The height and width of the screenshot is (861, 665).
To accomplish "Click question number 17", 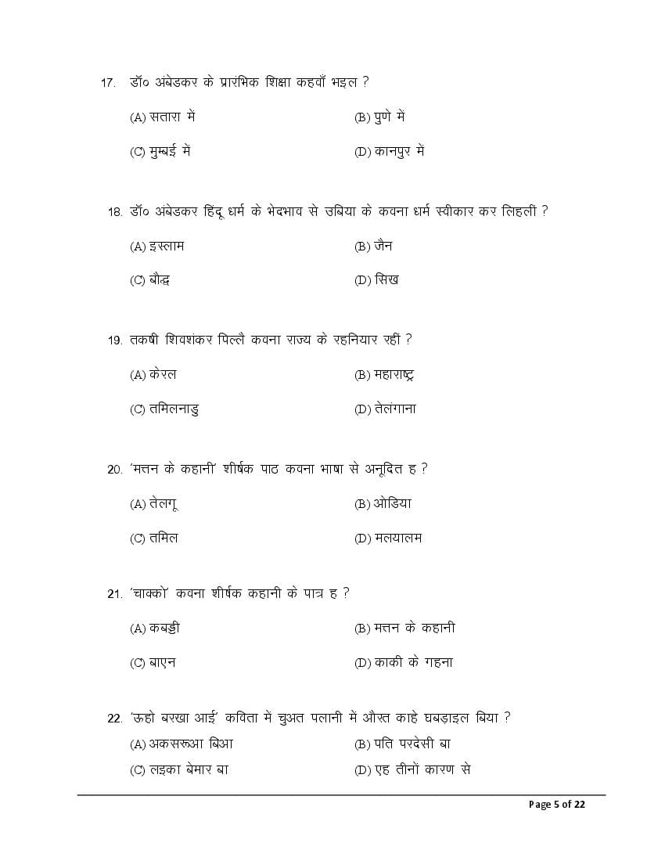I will (x=108, y=83).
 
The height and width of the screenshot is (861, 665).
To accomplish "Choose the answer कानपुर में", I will (x=398, y=152).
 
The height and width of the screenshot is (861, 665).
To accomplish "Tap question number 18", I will (x=114, y=212).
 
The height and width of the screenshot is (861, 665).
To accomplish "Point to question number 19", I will (x=114, y=340).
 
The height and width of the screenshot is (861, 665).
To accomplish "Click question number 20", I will (x=114, y=470).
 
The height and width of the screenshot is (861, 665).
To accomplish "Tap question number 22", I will (x=114, y=719).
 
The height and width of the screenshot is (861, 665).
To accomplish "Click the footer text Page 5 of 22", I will (x=556, y=805).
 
